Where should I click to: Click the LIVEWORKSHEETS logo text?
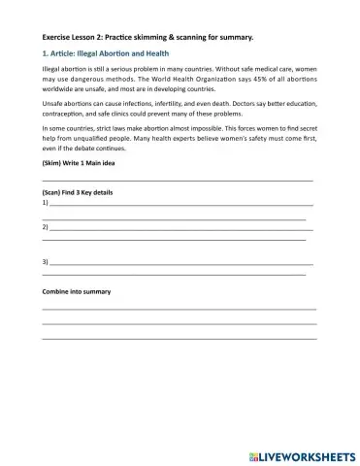310,454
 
